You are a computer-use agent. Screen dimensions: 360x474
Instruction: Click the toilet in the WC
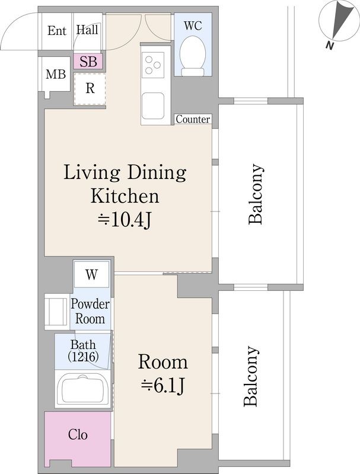193,56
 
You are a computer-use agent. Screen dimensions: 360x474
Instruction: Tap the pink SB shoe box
88,62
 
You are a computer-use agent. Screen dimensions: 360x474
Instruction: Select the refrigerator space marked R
90,89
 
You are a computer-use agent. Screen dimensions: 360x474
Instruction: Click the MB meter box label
56,74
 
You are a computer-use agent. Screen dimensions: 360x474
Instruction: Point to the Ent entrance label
56,31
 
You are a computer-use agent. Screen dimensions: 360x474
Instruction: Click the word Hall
87,30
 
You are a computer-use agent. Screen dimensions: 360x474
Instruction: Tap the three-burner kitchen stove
153,65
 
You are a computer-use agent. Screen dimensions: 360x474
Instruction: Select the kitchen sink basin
153,106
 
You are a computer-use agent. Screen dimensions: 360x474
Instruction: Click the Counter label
193,119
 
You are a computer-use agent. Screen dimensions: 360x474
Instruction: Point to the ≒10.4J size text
125,220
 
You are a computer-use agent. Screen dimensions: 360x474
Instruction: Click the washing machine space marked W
91,274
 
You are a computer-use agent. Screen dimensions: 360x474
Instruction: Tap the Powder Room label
90,312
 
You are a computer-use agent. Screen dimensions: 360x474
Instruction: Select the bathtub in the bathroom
83,390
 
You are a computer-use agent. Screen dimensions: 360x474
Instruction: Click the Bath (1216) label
83,351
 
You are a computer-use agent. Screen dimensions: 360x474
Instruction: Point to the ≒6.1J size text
163,386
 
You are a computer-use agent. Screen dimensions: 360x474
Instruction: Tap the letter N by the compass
329,46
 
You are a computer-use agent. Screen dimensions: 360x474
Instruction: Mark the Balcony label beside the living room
256,194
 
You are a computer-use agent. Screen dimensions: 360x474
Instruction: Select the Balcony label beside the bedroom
251,376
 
